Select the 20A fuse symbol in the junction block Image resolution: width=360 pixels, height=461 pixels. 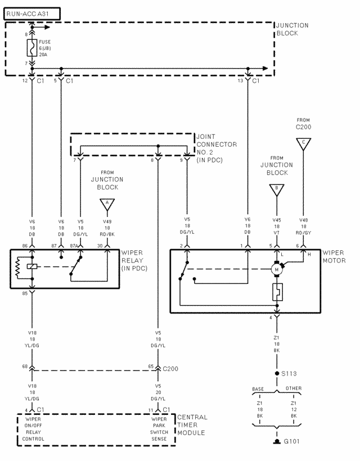pos(32,48)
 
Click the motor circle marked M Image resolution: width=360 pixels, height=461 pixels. pos(276,270)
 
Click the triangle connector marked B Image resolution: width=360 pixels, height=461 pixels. pos(276,189)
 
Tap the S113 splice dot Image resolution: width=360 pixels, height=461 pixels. pos(276,373)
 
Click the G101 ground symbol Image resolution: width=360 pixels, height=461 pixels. pos(276,442)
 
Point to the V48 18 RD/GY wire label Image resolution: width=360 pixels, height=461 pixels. pos(304,225)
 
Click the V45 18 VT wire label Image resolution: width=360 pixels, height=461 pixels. pos(276,225)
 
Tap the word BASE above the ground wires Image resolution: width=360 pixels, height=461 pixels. pos(258,389)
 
